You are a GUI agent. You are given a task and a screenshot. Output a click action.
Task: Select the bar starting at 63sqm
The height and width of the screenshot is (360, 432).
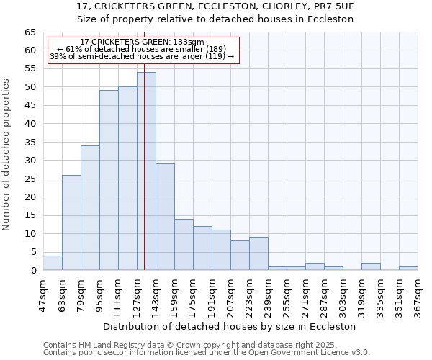(x=71, y=222)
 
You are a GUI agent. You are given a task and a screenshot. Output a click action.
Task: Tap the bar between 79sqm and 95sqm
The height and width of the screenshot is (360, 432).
(x=90, y=208)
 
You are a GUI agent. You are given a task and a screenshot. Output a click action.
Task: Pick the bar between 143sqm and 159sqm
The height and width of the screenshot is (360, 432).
(x=165, y=217)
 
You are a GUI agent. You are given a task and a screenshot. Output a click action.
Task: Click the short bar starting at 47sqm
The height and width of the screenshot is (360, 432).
(x=53, y=263)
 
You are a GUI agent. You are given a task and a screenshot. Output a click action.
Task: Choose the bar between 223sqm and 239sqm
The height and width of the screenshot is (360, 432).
(x=258, y=253)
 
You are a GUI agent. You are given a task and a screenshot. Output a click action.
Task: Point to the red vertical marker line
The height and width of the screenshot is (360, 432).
(x=145, y=180)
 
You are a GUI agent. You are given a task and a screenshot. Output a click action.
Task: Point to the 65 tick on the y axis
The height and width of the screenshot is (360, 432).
(x=30, y=32)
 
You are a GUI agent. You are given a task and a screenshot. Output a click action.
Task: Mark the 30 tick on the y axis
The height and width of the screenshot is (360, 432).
(x=30, y=161)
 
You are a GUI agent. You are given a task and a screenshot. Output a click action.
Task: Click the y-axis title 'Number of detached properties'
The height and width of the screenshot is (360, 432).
(x=7, y=154)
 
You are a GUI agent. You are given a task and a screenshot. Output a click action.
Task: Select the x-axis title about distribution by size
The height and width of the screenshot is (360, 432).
(x=229, y=326)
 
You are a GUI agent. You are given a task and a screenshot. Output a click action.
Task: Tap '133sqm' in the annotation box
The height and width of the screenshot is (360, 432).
(x=188, y=42)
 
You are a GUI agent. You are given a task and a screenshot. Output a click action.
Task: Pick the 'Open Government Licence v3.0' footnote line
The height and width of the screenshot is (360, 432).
(x=207, y=353)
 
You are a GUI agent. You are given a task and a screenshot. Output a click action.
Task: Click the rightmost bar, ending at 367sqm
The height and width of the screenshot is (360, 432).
(x=408, y=268)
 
